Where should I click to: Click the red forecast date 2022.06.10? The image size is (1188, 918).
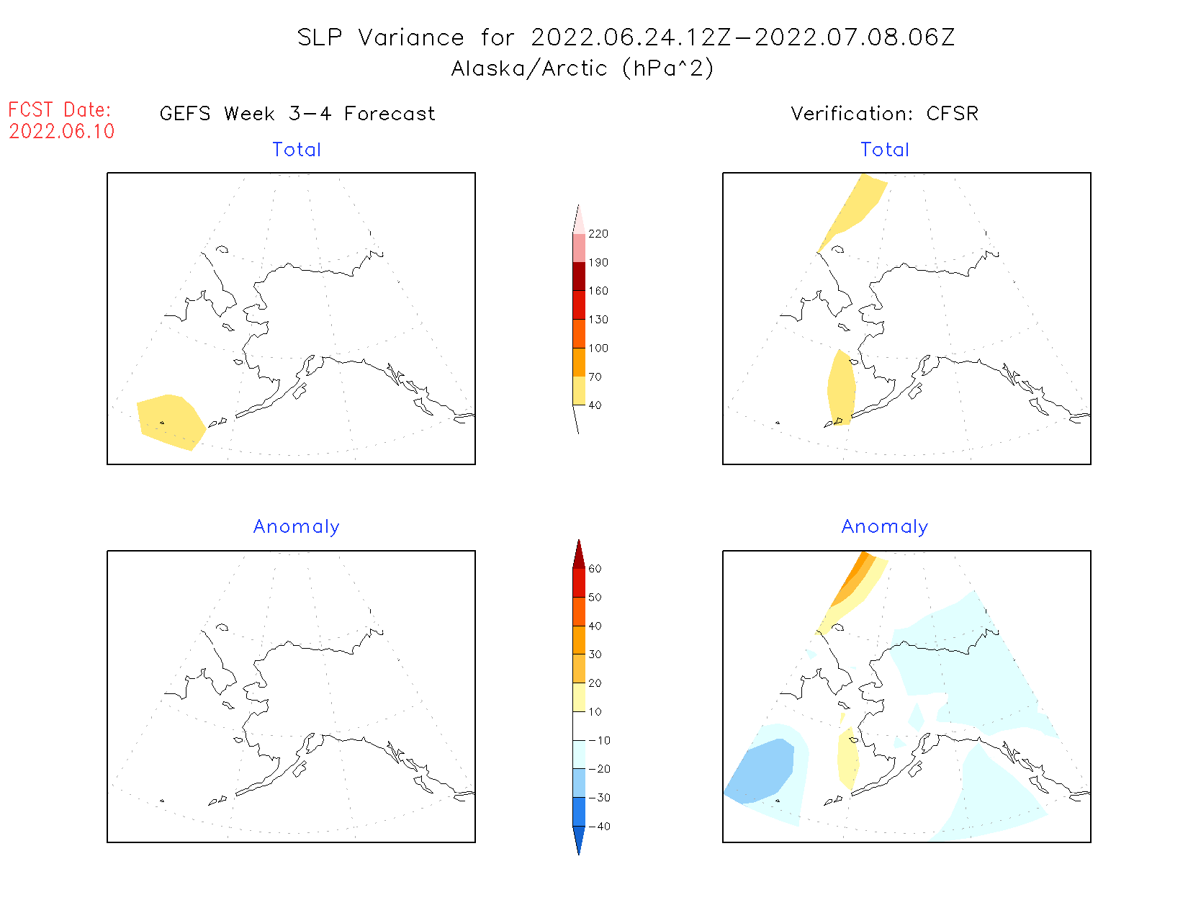(x=62, y=131)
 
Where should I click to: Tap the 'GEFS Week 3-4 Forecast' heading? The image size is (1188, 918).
(x=297, y=114)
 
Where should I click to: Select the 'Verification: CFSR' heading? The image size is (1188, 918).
(x=884, y=114)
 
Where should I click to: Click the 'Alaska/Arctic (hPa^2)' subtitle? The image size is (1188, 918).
(x=582, y=68)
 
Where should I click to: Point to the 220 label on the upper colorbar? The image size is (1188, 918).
(x=598, y=234)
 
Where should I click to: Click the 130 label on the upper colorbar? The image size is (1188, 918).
(x=598, y=320)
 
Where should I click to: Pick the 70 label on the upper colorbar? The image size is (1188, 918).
(x=595, y=377)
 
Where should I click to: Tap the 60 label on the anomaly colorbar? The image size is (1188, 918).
(x=595, y=569)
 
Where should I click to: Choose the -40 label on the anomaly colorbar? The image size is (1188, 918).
(x=599, y=827)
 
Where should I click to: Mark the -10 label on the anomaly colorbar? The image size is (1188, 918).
(x=599, y=740)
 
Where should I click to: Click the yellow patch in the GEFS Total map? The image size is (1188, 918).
(x=170, y=420)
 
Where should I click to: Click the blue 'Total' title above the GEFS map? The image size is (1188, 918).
(x=297, y=150)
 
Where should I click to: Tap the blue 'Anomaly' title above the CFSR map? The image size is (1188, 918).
(x=884, y=527)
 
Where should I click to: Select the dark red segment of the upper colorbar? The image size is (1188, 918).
(x=579, y=276)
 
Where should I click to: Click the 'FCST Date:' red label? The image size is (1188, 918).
(x=60, y=110)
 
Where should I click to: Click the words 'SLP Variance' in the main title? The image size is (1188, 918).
(x=381, y=37)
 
